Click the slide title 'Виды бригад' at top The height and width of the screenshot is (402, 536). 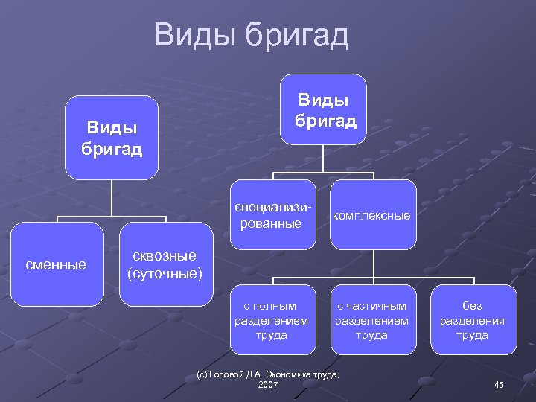coord(251,35)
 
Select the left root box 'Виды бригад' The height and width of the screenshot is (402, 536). coord(112,137)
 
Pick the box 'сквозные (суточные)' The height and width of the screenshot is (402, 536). coord(165,264)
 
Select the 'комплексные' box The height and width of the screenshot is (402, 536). coord(371,215)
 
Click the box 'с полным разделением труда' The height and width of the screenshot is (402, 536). coord(270,320)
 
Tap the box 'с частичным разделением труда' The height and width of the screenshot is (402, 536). coord(371,320)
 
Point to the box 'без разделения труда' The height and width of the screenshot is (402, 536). coord(472,320)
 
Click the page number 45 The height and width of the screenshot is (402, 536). coord(499,384)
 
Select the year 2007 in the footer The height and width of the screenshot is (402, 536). coord(267,385)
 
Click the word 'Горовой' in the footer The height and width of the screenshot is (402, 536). coord(228,374)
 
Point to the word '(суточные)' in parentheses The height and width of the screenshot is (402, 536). coord(165,273)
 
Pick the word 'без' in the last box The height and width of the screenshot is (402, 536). coord(472,306)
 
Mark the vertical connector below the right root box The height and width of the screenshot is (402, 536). coord(324,158)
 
